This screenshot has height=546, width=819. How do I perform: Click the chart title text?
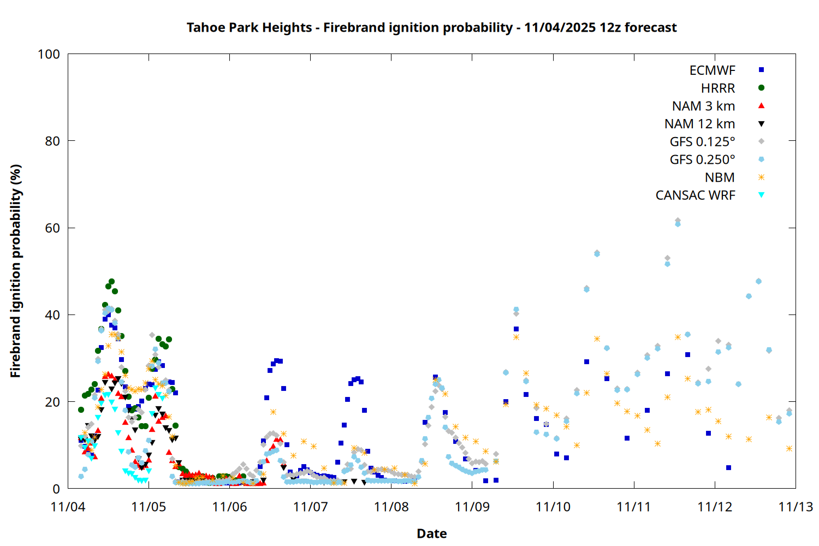(431, 28)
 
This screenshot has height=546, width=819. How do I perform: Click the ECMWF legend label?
(712, 70)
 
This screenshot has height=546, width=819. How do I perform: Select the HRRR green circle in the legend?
(761, 88)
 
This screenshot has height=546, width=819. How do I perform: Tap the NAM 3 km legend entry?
(703, 106)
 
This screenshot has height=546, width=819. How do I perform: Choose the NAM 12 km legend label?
(699, 124)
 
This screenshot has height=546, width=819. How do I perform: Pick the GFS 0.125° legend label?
(702, 142)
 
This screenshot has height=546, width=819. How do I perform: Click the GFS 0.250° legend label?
(702, 160)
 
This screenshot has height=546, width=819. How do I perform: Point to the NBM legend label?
(720, 177)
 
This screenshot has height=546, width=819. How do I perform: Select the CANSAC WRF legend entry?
(695, 195)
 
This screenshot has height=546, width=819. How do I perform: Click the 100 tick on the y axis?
(49, 54)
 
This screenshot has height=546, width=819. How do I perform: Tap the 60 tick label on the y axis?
(52, 228)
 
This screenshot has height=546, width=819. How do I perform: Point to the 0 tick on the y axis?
(56, 489)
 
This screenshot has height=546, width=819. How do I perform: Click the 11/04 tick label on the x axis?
(68, 507)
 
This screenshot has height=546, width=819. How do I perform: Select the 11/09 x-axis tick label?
(472, 507)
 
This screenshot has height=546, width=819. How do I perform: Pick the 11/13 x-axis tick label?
(796, 507)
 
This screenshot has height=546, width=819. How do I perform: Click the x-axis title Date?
(431, 533)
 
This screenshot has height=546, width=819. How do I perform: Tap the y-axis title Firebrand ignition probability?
(15, 271)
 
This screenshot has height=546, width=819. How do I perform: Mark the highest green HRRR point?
(111, 282)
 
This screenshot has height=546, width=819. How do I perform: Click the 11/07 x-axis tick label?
(310, 507)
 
